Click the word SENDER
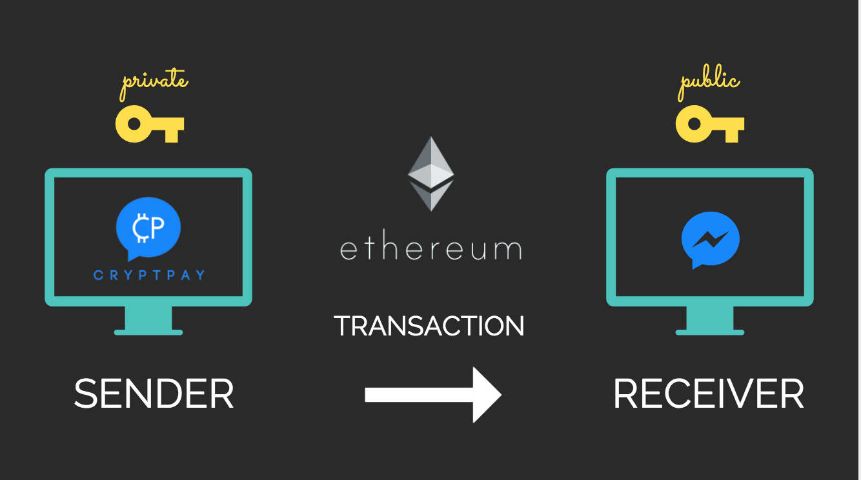tap(154, 394)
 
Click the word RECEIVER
tap(708, 394)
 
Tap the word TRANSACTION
tap(429, 326)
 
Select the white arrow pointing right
tap(432, 395)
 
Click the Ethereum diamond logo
tap(430, 173)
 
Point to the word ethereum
tap(430, 249)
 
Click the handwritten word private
tap(155, 83)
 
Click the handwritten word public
tap(709, 83)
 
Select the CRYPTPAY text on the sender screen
tap(149, 275)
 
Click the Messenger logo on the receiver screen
tap(710, 240)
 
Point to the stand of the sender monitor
tap(148, 321)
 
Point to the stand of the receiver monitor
tap(710, 321)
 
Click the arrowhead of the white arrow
tap(485, 395)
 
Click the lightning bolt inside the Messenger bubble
tap(710, 239)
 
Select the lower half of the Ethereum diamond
tap(430, 197)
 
